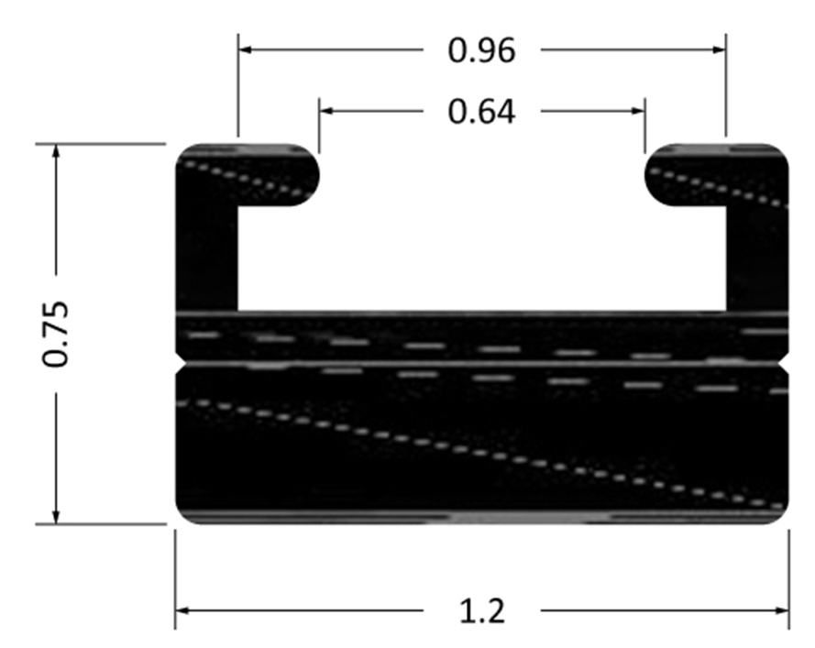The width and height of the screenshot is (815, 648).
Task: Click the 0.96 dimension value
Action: pos(481,50)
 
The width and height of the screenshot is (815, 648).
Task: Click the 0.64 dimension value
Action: pos(481,111)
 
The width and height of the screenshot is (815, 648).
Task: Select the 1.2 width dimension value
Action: pos(481,610)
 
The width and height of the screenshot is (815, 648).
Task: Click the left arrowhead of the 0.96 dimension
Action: pos(245,50)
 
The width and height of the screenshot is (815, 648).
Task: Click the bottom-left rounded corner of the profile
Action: pos(182,516)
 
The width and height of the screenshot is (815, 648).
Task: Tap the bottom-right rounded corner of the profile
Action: pos(781,516)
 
